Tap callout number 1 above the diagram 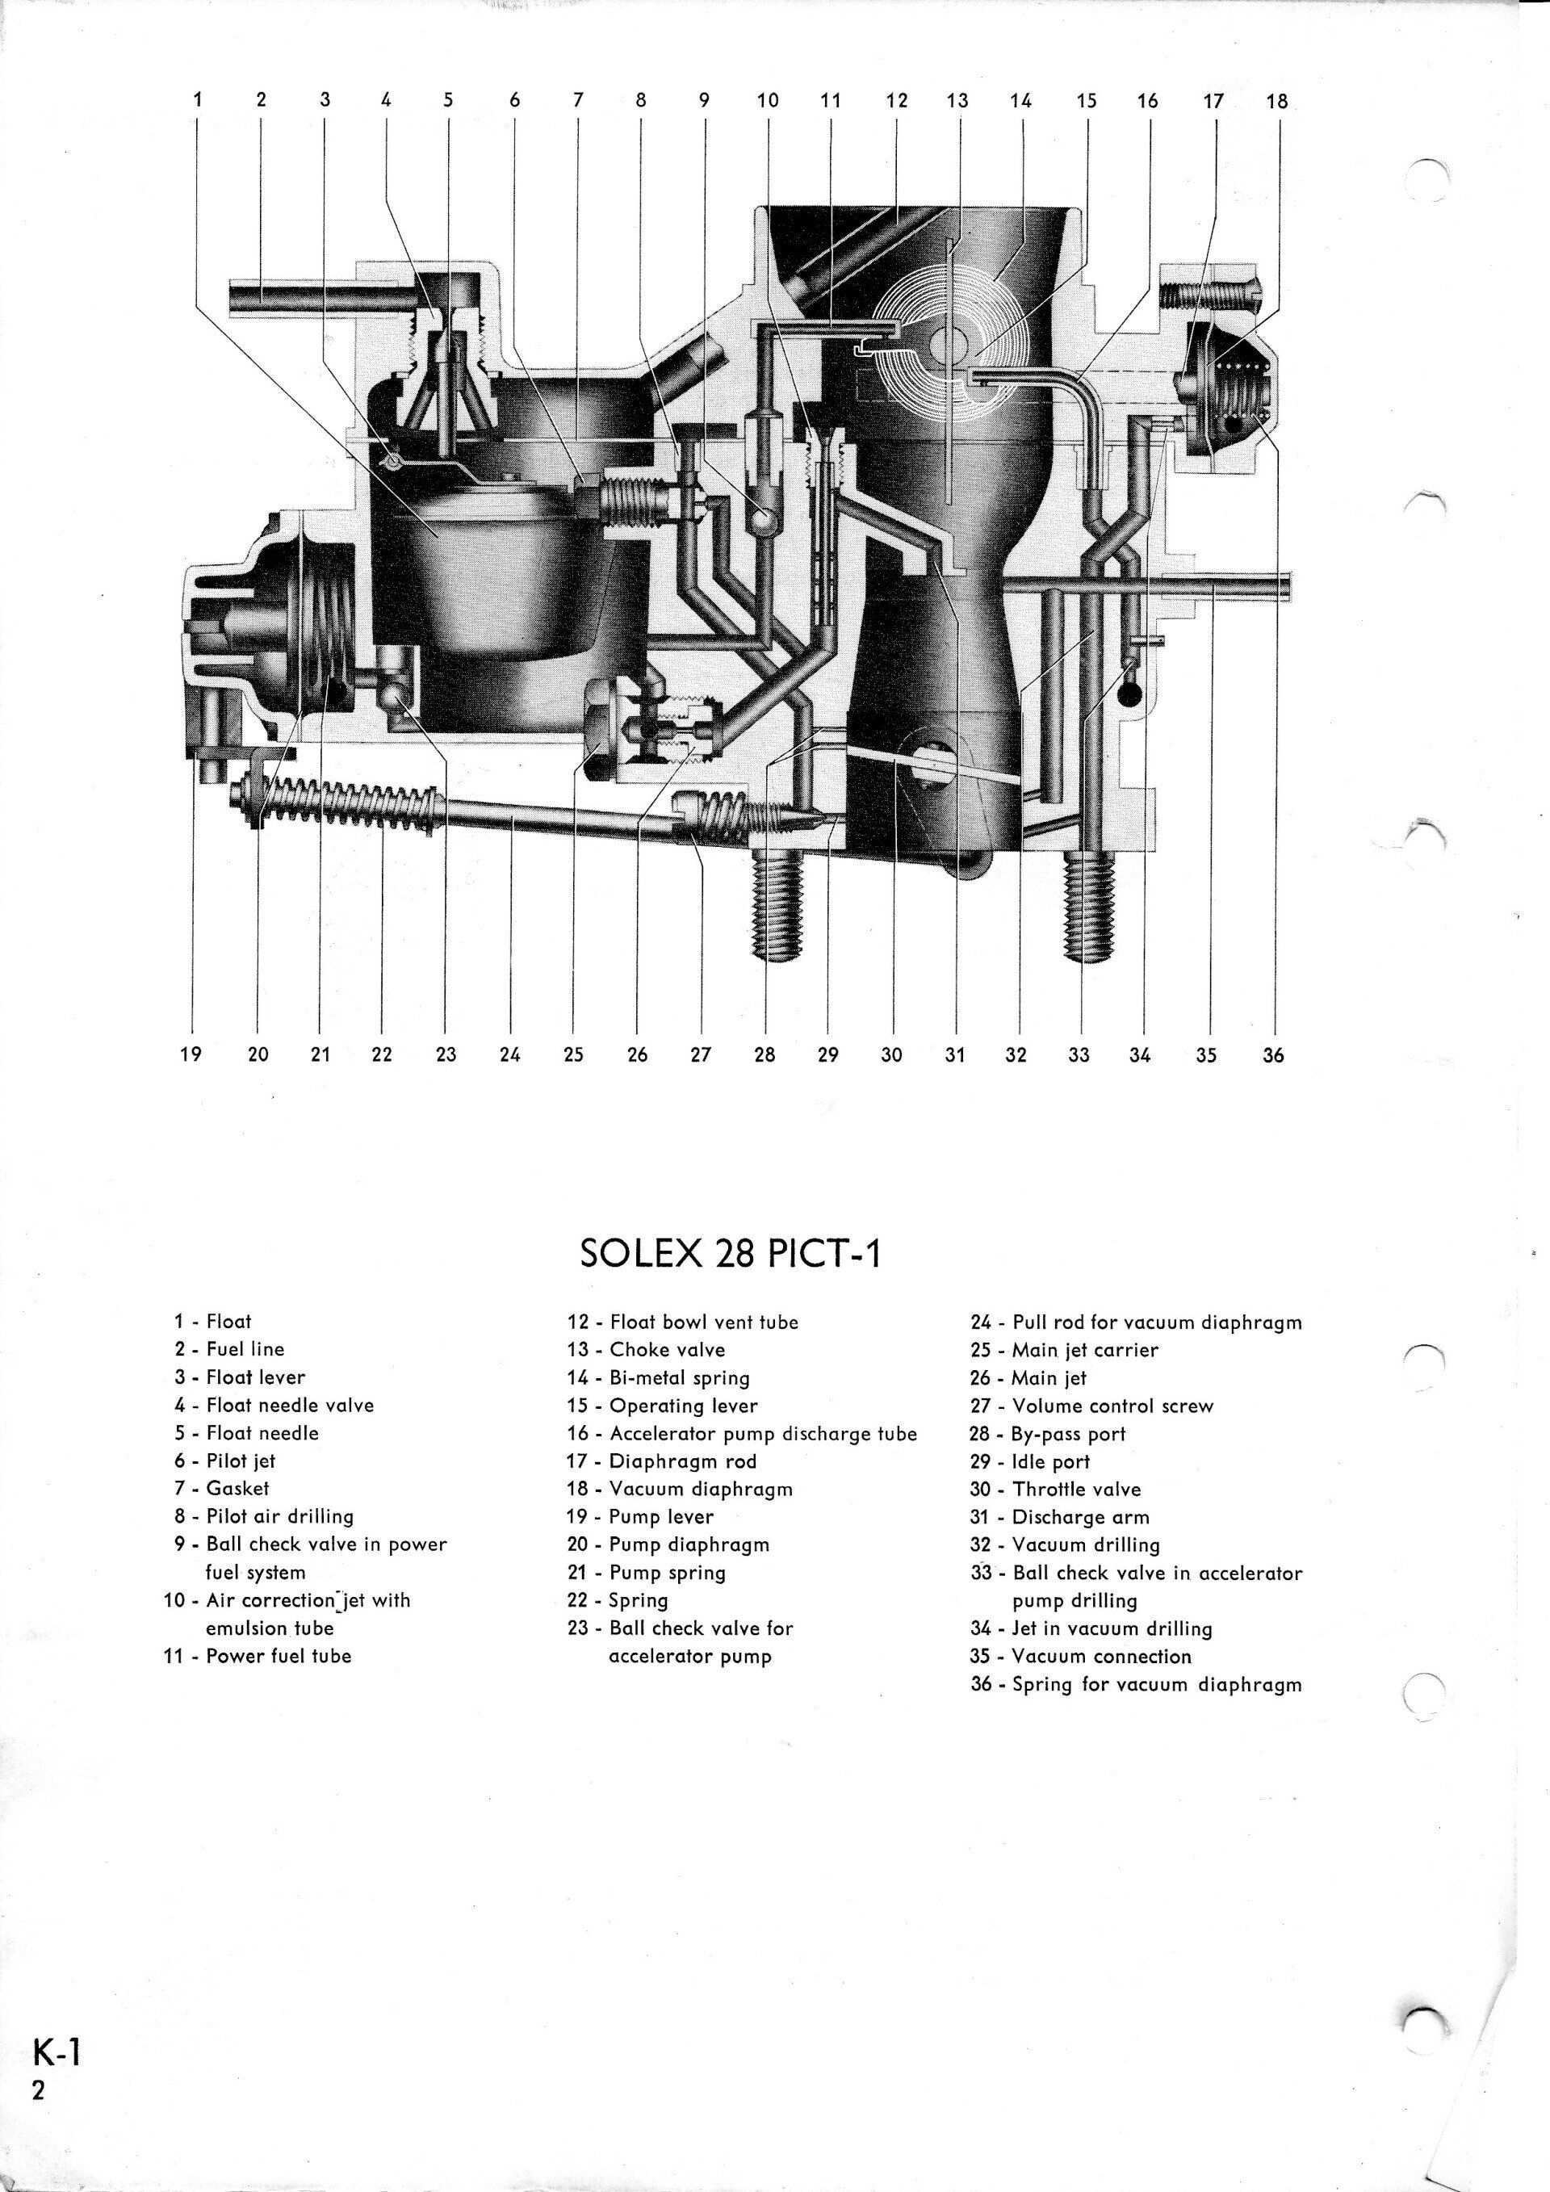198,100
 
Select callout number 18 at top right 1276,100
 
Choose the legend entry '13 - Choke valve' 660,1350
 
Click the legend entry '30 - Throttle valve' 1056,1490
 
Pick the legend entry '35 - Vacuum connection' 1082,1657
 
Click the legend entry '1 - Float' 212,1322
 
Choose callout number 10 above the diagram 769,100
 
